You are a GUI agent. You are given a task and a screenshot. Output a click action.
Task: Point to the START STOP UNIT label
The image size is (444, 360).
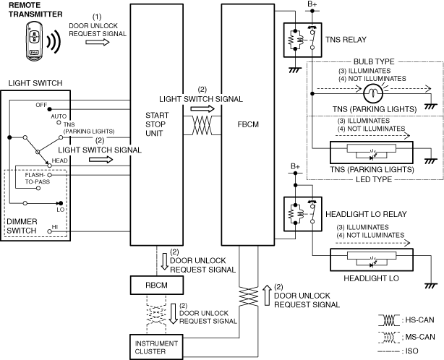(x=158, y=123)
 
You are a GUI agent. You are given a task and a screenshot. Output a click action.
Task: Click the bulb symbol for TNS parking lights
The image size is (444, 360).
(x=373, y=92)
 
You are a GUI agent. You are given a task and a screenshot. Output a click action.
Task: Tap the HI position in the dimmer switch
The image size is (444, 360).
(x=55, y=227)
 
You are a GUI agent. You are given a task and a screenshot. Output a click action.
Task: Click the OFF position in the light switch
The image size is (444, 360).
(x=41, y=105)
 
